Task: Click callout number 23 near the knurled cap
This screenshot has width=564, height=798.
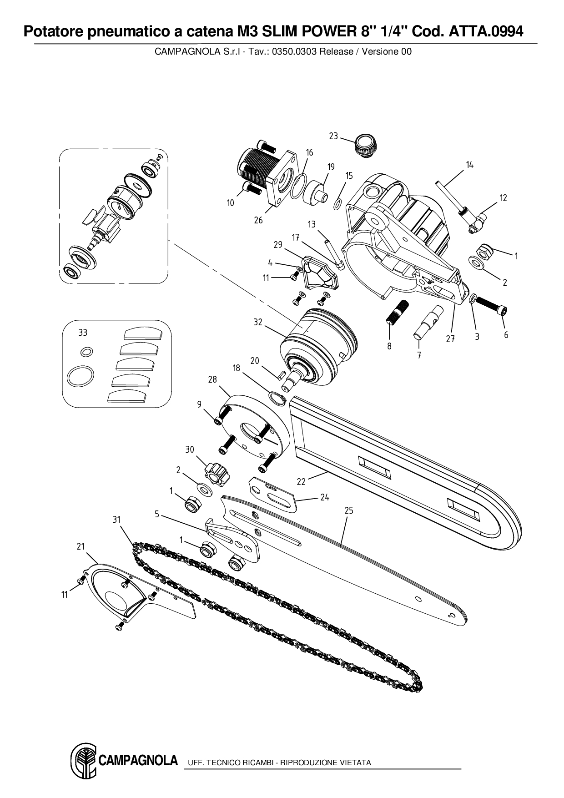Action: coord(333,136)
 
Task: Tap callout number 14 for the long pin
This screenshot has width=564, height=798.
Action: coord(469,165)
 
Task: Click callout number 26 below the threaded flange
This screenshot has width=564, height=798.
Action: coord(258,220)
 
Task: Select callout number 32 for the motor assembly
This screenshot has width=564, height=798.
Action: coord(258,322)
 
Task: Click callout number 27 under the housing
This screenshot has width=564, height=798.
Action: coord(450,339)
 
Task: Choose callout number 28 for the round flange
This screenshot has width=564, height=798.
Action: coord(212,379)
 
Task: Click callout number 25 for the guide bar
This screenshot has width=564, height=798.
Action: coord(348,510)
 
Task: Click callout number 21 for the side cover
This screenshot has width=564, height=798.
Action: coord(81,546)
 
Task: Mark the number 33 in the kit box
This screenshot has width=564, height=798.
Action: coord(82,333)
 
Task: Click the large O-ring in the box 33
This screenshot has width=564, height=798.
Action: coord(81,377)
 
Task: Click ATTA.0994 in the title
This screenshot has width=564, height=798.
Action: coord(486,31)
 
